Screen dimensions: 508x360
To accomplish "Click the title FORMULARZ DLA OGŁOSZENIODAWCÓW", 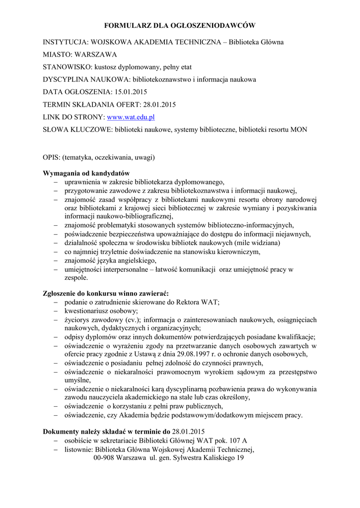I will pos(179,25).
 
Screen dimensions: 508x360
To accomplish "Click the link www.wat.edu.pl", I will pos(131,117).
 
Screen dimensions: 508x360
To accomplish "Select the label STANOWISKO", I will pos(67,66).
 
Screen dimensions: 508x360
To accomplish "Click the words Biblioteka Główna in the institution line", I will pos(256,42).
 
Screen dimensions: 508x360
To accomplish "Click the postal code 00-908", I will pos(104,458).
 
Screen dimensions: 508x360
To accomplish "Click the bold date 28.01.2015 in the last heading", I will pos(188,432).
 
